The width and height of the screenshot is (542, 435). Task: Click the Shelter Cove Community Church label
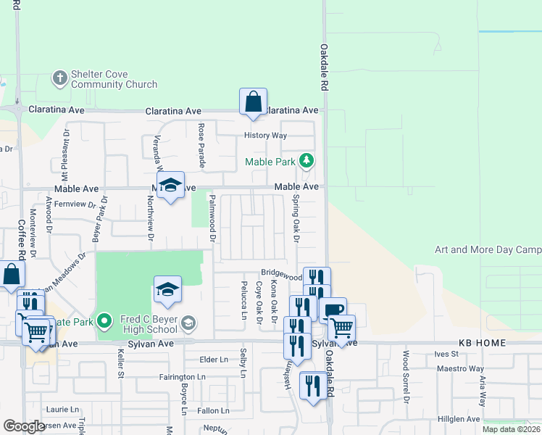pos(114,80)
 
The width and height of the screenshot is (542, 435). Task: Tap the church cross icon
pos(60,75)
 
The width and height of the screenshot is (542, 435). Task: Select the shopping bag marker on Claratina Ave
pos(253,102)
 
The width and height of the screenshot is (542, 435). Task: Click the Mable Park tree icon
pos(308,160)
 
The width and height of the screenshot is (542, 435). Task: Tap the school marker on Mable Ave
pos(170,186)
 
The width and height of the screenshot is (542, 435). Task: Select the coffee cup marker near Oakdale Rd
pos(333,310)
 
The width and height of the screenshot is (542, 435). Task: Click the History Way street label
pos(266,136)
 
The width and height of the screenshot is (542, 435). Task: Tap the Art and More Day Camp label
pos(488,250)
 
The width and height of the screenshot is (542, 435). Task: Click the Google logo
pos(24,426)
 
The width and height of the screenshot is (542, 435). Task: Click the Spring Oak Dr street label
pos(296,217)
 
